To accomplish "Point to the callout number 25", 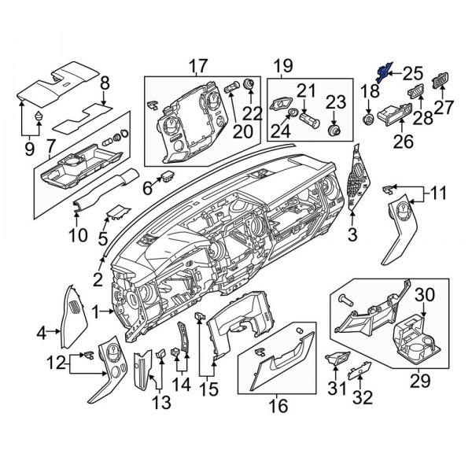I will [414, 74].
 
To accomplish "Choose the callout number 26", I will [404, 142].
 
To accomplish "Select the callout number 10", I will [76, 234].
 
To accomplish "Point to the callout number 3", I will [352, 234].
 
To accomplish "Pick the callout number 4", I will [42, 334].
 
